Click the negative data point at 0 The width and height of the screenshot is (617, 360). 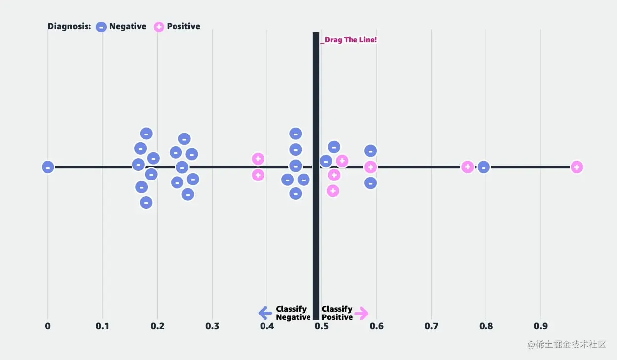click(48, 167)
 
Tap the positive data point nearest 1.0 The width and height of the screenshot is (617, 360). click(576, 167)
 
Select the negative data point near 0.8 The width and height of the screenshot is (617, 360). click(484, 167)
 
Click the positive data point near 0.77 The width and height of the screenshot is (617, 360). click(468, 167)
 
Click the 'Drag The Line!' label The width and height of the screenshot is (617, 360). click(351, 40)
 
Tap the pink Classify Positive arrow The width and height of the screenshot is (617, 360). click(361, 313)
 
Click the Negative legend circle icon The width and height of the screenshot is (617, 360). click(101, 27)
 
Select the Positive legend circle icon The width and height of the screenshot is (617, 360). click(159, 27)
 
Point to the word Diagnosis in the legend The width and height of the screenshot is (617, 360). click(69, 27)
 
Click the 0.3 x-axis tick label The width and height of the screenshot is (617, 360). click(212, 326)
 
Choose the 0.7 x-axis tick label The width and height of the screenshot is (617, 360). click(431, 326)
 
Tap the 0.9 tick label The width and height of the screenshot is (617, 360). click(540, 326)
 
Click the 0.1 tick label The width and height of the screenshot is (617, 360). click(102, 326)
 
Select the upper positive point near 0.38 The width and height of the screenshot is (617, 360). click(258, 159)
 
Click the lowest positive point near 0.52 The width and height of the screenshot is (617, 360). click(333, 191)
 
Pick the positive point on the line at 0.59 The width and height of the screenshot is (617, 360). click(370, 167)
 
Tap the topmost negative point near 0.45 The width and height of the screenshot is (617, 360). click(295, 134)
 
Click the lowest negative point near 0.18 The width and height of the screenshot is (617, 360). click(146, 202)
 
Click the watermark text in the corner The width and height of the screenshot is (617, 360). click(566, 345)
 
